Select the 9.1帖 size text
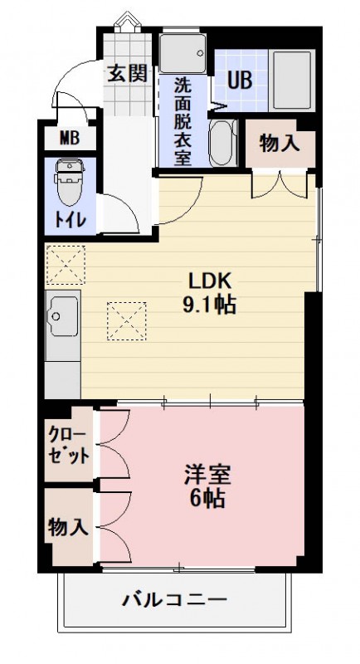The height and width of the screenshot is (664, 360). pos(209,304)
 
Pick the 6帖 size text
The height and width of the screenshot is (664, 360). pos(207,500)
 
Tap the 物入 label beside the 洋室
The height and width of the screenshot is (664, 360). pos(68,526)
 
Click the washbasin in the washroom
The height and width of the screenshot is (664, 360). pos(222,143)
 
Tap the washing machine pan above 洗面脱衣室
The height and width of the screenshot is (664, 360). pos(182,54)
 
